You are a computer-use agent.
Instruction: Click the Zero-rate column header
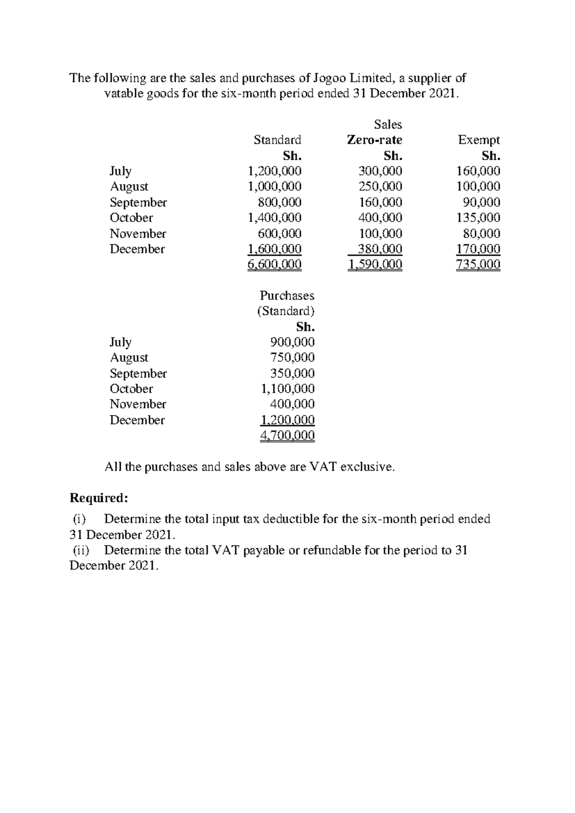[x=374, y=140]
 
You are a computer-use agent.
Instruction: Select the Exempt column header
[x=478, y=140]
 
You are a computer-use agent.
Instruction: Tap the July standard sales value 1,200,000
[x=274, y=171]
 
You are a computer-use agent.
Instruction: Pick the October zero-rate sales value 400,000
[x=380, y=218]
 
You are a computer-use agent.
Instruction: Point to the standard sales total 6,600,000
[x=274, y=265]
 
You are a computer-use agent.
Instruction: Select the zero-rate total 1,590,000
[x=376, y=265]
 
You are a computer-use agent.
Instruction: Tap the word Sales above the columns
[x=388, y=125]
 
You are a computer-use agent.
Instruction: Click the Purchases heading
[x=287, y=296]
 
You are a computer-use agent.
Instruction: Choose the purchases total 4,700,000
[x=287, y=436]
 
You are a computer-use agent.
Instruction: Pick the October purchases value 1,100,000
[x=287, y=389]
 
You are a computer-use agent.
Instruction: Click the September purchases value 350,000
[x=292, y=373]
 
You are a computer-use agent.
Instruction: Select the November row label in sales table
[x=138, y=233]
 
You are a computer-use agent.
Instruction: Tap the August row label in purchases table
[x=129, y=358]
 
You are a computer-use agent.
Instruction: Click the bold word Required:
[x=99, y=498]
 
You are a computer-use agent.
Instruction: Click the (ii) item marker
[x=80, y=550]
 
